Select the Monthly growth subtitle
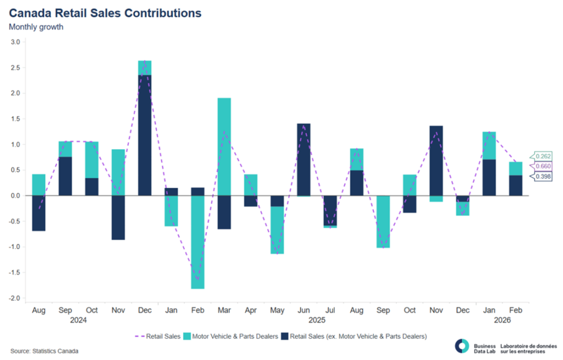click(36, 26)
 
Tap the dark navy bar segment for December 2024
click(145, 135)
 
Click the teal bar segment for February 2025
click(197, 242)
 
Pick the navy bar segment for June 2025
click(303, 159)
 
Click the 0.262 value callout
click(539, 157)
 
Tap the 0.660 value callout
click(539, 167)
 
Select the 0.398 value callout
click(539, 176)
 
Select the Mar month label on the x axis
click(224, 311)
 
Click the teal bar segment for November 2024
click(118, 173)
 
